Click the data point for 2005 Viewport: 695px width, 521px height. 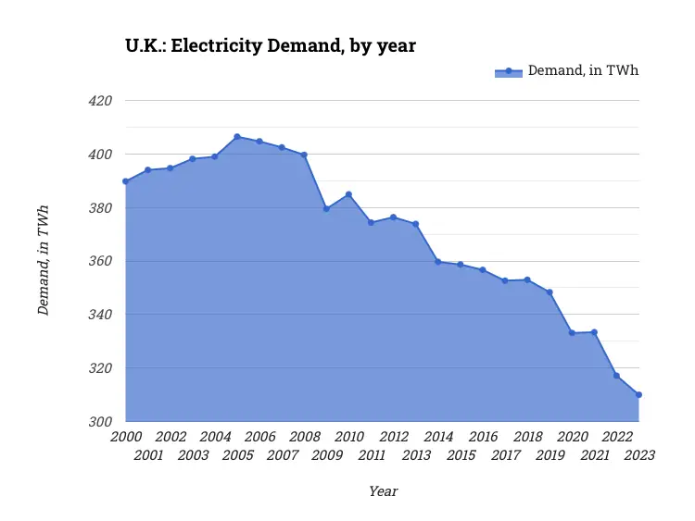tap(237, 137)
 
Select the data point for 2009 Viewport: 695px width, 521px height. tap(326, 209)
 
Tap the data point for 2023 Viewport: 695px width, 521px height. tap(638, 395)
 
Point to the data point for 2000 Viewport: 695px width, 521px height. tap(125, 181)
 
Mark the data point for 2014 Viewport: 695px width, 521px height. tap(437, 262)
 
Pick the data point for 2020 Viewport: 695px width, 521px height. tap(572, 333)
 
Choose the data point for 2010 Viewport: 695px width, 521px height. tap(348, 194)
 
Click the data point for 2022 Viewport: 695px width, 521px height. tap(616, 376)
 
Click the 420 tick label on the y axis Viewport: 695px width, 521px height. tap(99, 101)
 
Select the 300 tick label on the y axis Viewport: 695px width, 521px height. tap(99, 422)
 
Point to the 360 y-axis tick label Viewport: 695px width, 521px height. tap(99, 262)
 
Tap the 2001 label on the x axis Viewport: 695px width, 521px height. tap(148, 455)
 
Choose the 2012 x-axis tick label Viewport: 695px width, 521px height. tap(394, 437)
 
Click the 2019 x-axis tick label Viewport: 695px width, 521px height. tap(550, 455)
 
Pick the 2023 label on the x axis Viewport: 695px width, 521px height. tap(639, 455)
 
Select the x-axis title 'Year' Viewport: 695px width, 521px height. tap(383, 491)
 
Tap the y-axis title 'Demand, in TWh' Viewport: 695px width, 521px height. tap(44, 261)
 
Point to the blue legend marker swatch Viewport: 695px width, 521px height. tap(509, 71)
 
